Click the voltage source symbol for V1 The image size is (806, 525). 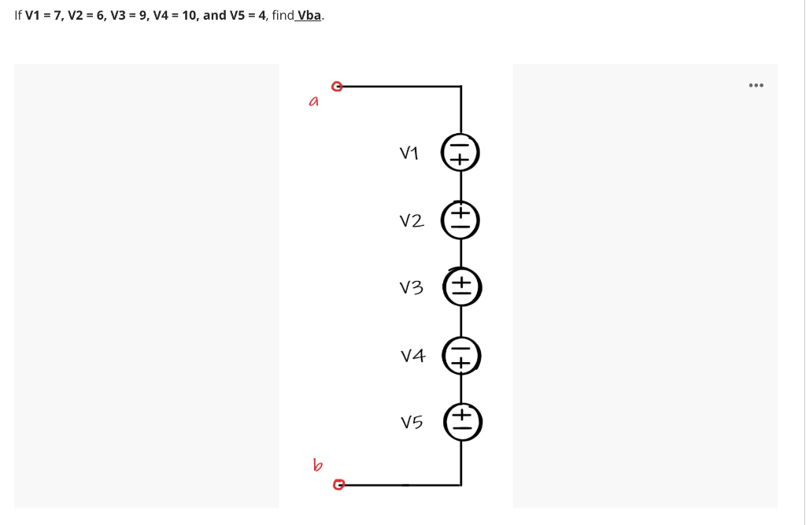[x=460, y=153]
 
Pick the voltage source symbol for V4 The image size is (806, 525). [x=460, y=356]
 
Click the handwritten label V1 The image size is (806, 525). [x=409, y=153]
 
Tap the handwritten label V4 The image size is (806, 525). [x=412, y=356]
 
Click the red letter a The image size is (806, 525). [x=314, y=102]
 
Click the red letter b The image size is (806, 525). [x=317, y=465]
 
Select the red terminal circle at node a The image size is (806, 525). [x=337, y=86]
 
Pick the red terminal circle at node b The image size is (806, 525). [x=338, y=484]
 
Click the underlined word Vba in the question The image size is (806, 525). [x=308, y=15]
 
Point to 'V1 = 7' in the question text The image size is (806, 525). [x=43, y=15]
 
